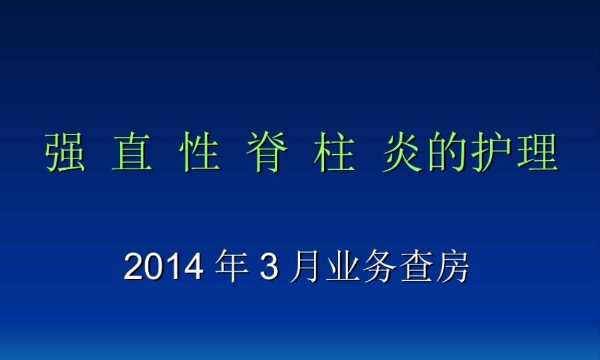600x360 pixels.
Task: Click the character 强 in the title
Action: tap(65, 154)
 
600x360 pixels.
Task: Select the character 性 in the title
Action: tap(199, 154)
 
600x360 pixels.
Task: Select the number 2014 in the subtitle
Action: tap(163, 268)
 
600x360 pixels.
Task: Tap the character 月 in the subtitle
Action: tap(305, 268)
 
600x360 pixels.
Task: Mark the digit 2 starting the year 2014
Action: tap(134, 268)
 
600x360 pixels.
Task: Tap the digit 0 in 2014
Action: tap(154, 268)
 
